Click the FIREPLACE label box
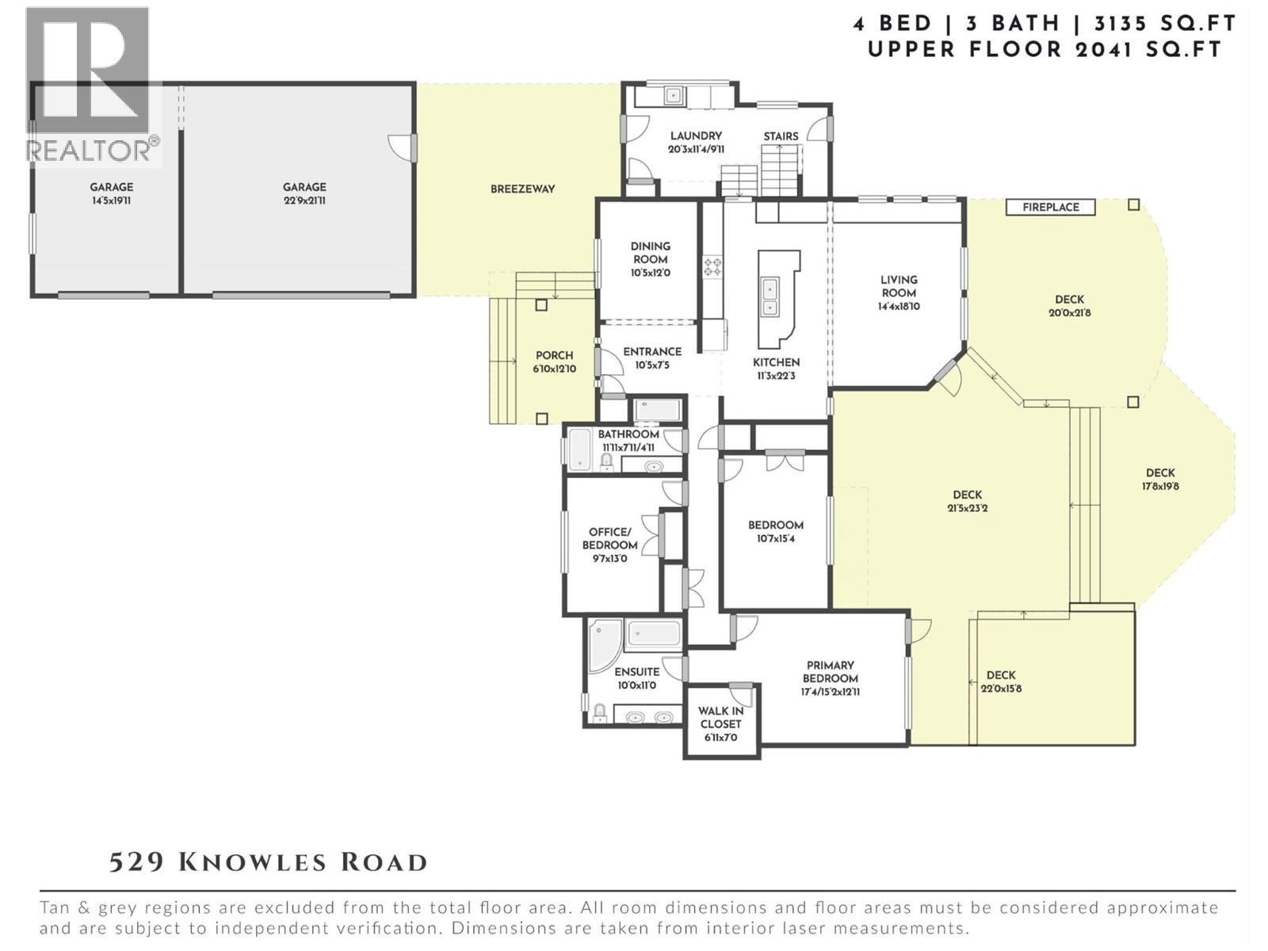[x=1050, y=207]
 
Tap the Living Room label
[x=899, y=286]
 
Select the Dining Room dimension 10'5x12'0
[x=651, y=273]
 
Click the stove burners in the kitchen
[x=712, y=265]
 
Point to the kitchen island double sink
[x=769, y=296]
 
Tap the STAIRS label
[x=781, y=136]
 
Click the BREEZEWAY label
[x=522, y=189]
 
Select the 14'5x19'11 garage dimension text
[x=111, y=201]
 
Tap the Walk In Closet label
[x=720, y=717]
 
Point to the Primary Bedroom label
[x=830, y=671]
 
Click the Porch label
[x=554, y=355]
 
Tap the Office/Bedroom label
[x=609, y=539]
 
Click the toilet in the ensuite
[x=600, y=713]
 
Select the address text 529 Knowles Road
[x=269, y=862]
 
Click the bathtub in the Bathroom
[x=579, y=449]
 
